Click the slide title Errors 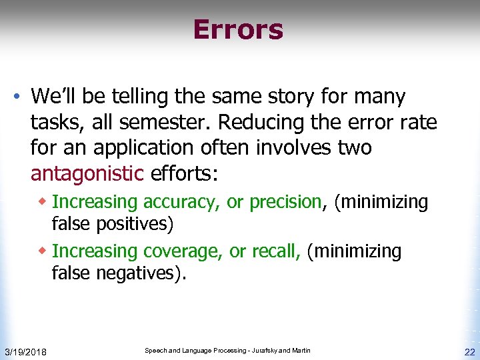tap(238, 30)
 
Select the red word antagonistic tap(87, 174)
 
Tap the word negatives tap(141, 273)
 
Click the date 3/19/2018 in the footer tap(25, 351)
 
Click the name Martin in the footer tap(301, 351)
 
